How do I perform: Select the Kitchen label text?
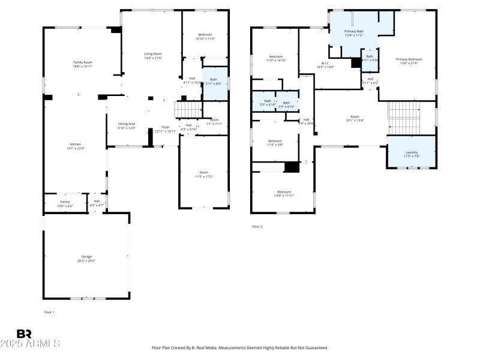[x=76, y=144]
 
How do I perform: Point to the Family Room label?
[x=83, y=62]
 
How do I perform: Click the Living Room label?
[x=152, y=54]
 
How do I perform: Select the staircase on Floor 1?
[x=188, y=110]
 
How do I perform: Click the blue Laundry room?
[x=412, y=152]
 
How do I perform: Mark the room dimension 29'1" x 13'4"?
[x=355, y=120]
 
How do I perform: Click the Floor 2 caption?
[x=257, y=226]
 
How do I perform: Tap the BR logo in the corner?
[x=24, y=333]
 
